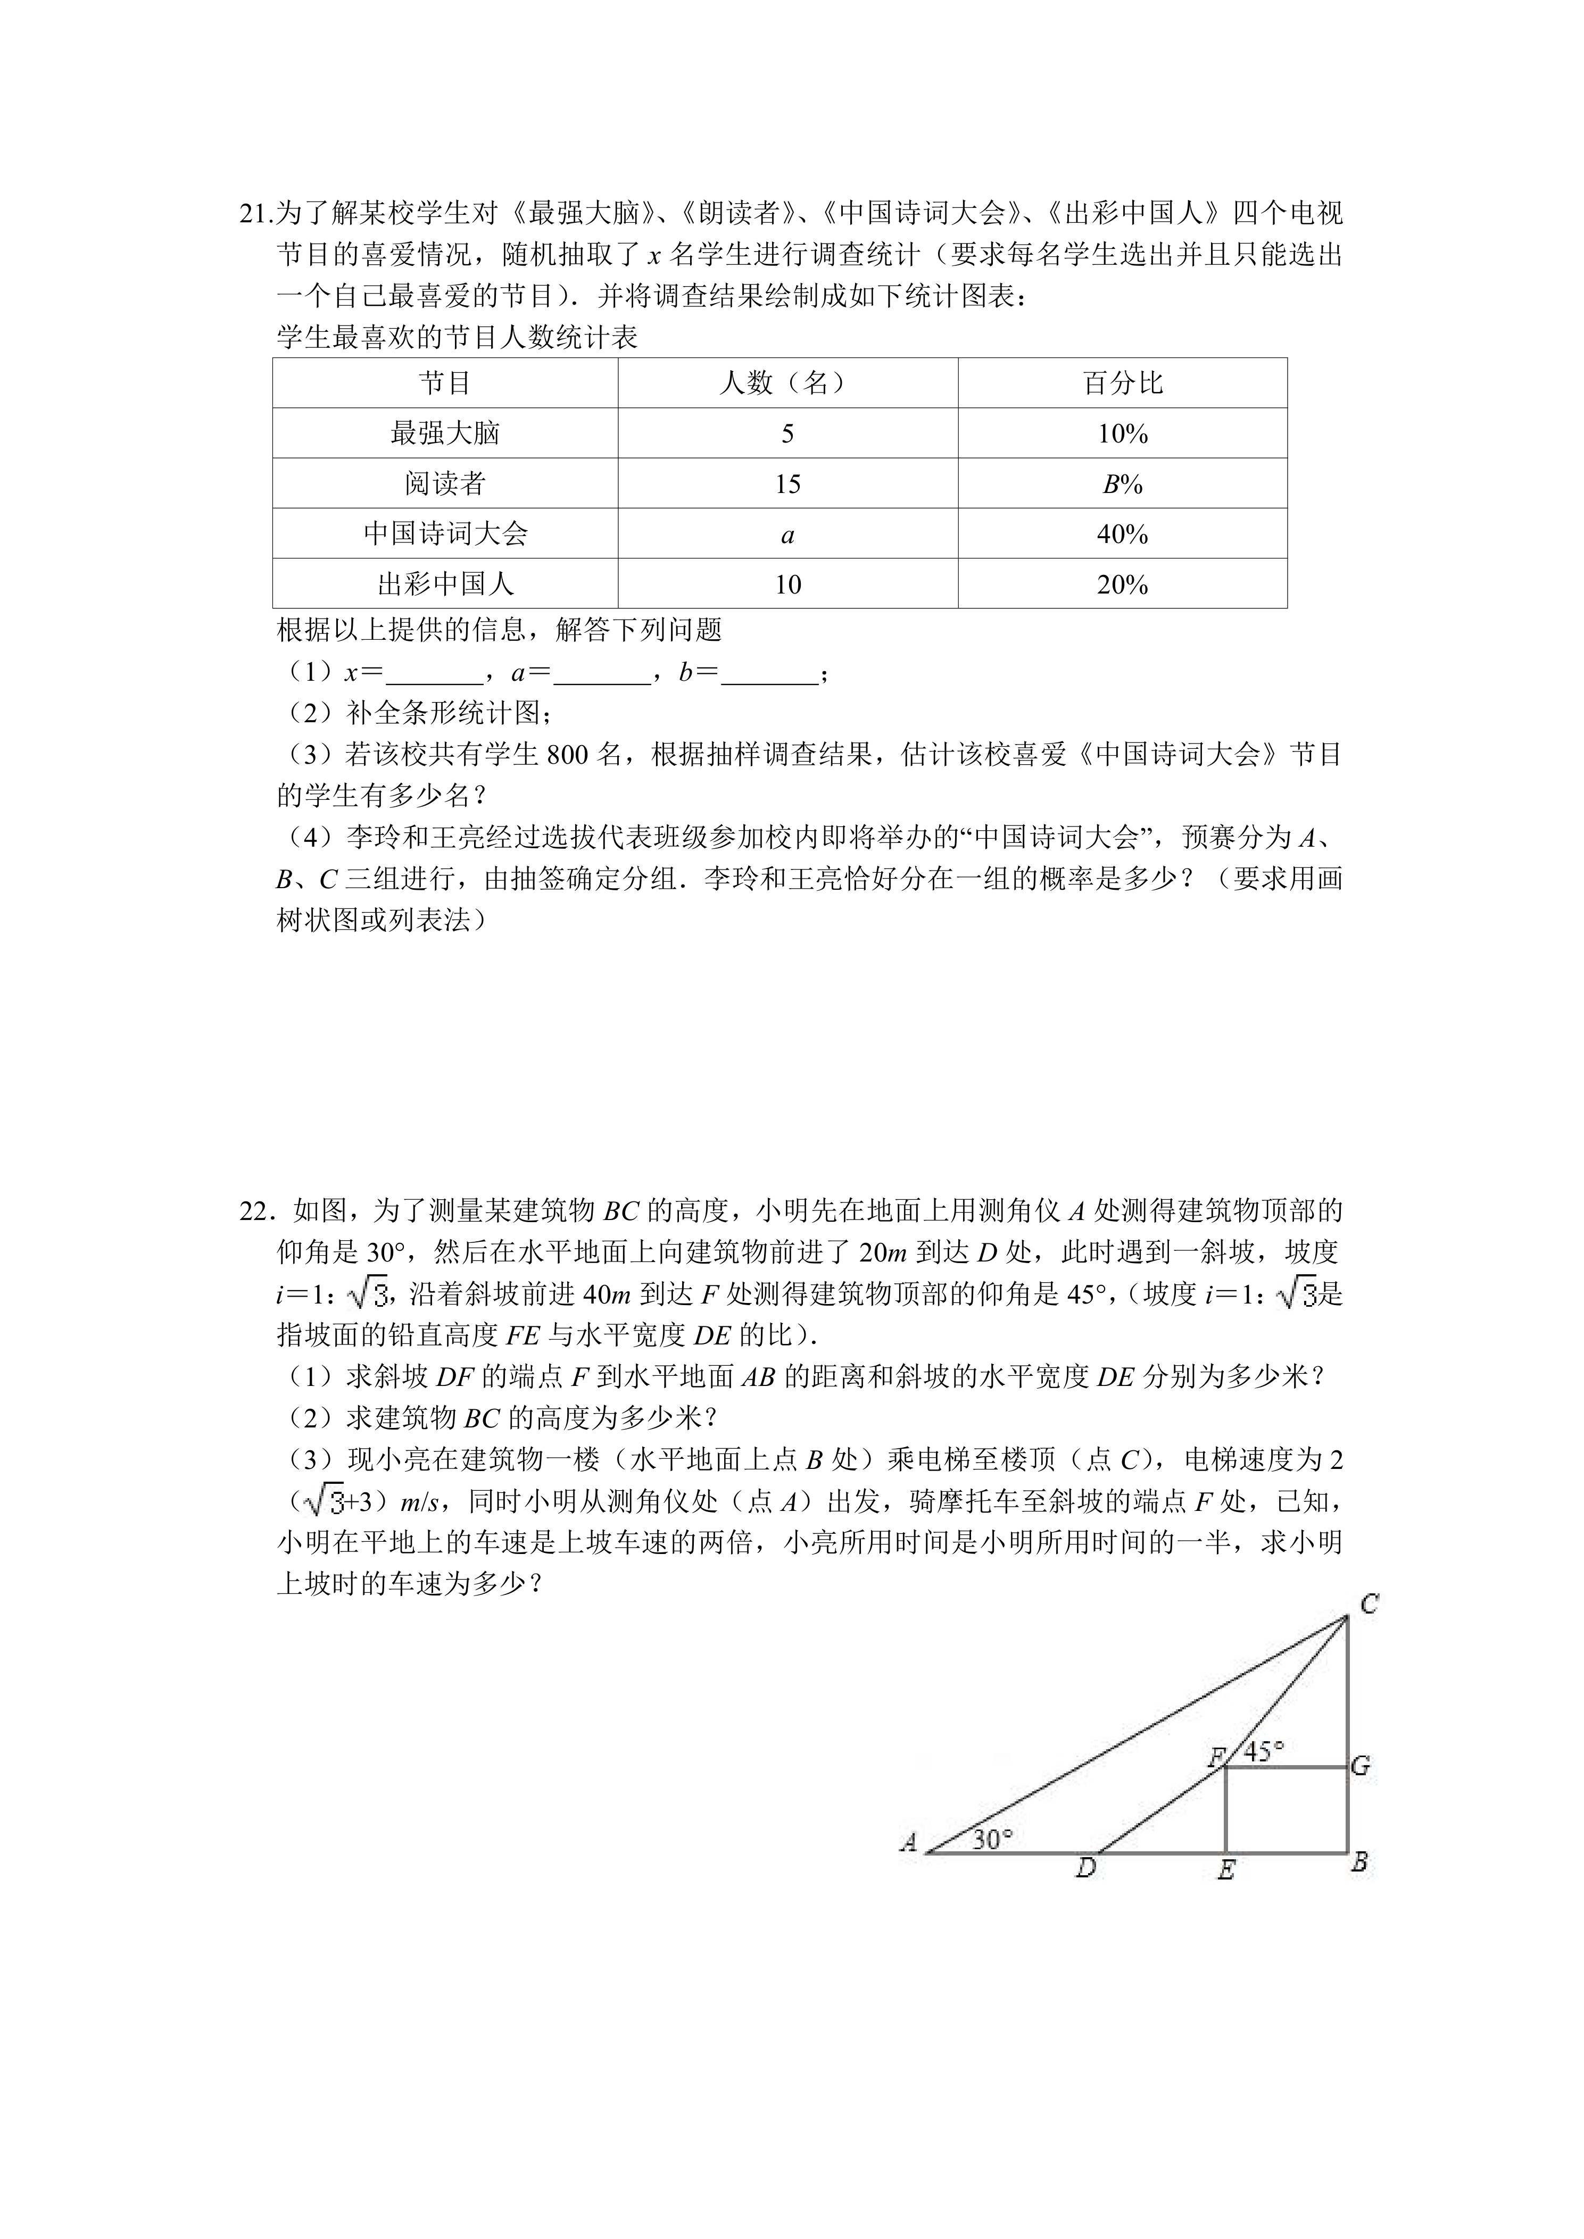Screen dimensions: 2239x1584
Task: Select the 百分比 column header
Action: tap(1123, 383)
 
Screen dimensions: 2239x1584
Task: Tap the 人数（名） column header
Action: tap(787, 383)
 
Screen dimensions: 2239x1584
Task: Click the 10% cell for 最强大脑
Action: tap(1123, 434)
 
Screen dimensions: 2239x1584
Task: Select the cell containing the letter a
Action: tap(787, 534)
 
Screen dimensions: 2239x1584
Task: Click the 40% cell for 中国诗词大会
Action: tap(1123, 534)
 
